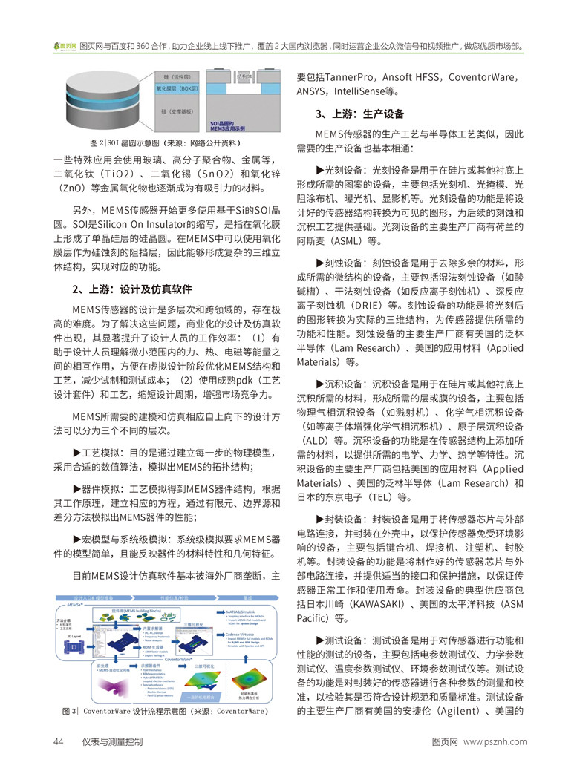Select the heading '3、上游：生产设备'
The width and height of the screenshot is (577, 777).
(359, 114)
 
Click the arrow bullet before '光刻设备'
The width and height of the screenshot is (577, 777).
(320, 170)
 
